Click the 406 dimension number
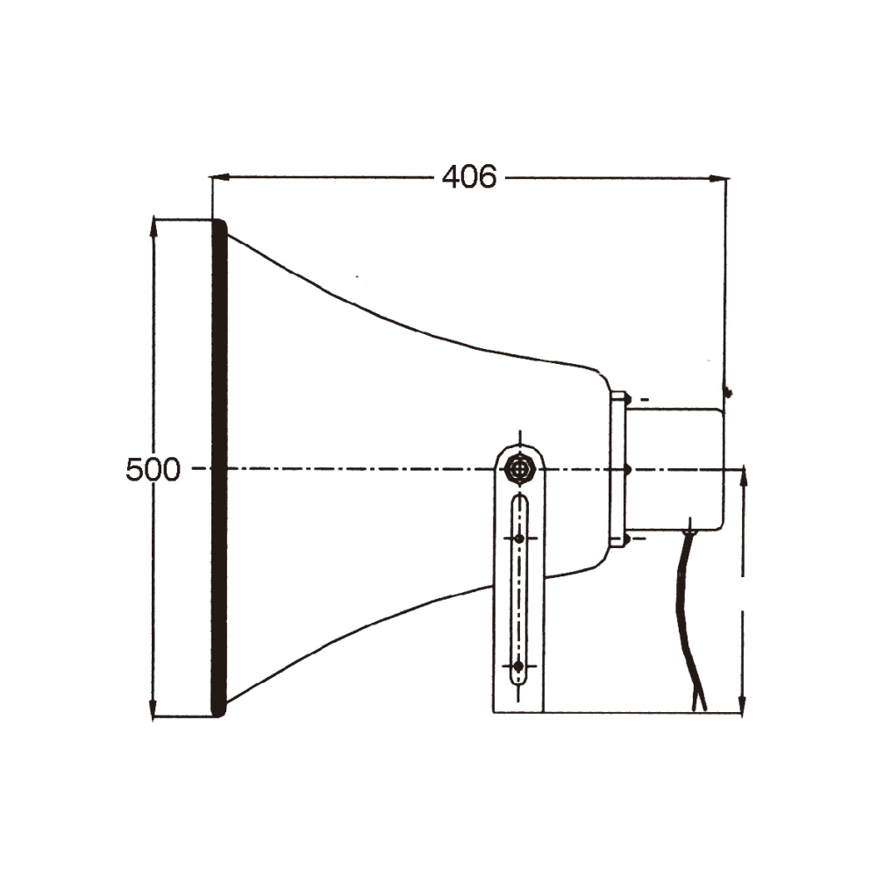click(469, 177)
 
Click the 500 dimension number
click(153, 470)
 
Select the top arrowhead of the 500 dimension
click(154, 225)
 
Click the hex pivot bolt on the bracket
click(520, 468)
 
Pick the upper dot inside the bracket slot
click(519, 538)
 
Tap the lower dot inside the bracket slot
click(518, 667)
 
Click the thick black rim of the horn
click(219, 469)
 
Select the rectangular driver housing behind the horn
click(675, 469)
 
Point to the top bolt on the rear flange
click(627, 400)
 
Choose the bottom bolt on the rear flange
click(627, 538)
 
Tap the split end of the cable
click(699, 702)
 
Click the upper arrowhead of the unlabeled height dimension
click(744, 476)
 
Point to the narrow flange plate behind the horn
click(617, 469)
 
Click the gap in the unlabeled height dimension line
click(744, 592)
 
